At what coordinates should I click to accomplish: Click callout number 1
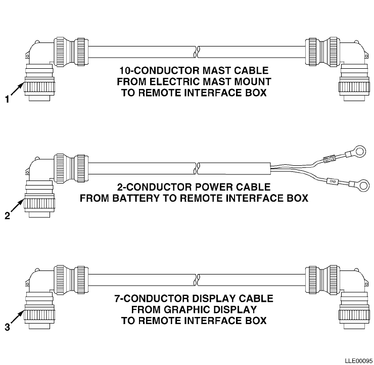tap(7, 100)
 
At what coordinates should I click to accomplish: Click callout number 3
tap(7, 327)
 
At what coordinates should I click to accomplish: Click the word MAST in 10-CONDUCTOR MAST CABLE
tap(207, 70)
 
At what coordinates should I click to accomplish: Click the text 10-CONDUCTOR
tap(152, 70)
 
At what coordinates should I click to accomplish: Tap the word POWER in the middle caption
tap(213, 187)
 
